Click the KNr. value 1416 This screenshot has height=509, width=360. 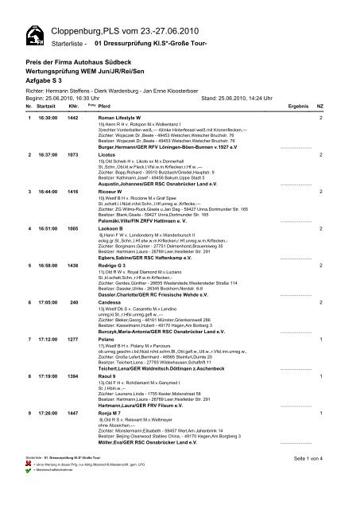(74, 192)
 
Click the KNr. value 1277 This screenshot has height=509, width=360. (74, 338)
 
